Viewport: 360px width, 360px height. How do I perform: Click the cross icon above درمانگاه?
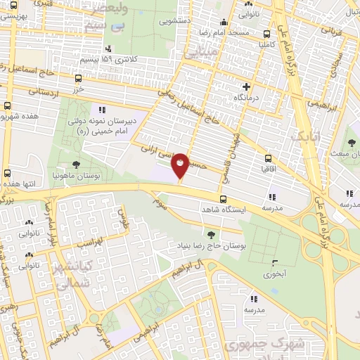[246, 86]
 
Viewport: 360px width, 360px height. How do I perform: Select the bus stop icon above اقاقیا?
[269, 159]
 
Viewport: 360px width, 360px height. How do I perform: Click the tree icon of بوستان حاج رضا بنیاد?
[210, 233]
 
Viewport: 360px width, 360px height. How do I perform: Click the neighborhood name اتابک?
[309, 134]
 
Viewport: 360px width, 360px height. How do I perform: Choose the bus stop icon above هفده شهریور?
[7, 106]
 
